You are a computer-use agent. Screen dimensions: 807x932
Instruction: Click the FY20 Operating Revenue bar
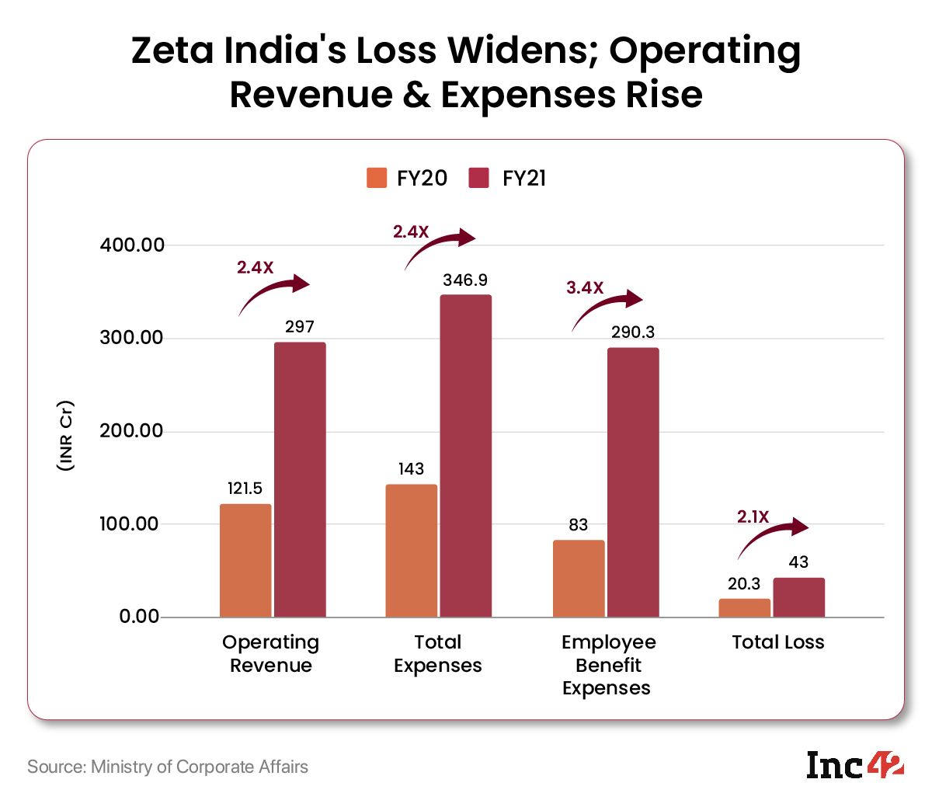pyautogui.click(x=245, y=560)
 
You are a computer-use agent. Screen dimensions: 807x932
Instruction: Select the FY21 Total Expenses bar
pyautogui.click(x=465, y=456)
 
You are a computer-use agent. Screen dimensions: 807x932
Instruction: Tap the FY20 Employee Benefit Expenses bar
pyautogui.click(x=579, y=578)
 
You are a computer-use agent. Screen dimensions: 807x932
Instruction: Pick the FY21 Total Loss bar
pyautogui.click(x=798, y=597)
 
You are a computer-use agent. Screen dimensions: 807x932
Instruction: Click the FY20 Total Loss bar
pyautogui.click(x=744, y=607)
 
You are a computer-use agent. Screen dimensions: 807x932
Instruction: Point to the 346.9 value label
pyautogui.click(x=465, y=280)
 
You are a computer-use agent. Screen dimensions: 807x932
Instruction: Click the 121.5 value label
pyautogui.click(x=245, y=489)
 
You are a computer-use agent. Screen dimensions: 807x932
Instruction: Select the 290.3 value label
pyautogui.click(x=633, y=332)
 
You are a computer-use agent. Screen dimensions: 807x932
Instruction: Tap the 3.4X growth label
pyautogui.click(x=585, y=288)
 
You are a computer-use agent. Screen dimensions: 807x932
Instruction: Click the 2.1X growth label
pyautogui.click(x=753, y=517)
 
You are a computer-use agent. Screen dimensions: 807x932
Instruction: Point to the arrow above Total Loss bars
pyautogui.click(x=774, y=537)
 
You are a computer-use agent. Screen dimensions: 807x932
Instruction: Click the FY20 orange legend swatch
pyautogui.click(x=377, y=178)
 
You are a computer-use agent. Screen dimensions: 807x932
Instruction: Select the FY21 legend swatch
pyautogui.click(x=479, y=178)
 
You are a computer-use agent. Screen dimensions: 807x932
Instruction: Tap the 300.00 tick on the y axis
pyautogui.click(x=132, y=338)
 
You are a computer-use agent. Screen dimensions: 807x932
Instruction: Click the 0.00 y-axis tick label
pyautogui.click(x=139, y=617)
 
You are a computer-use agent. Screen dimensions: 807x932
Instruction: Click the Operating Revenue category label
pyautogui.click(x=270, y=654)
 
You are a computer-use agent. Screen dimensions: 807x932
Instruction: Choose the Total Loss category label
pyautogui.click(x=777, y=642)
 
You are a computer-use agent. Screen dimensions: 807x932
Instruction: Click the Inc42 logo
pyautogui.click(x=854, y=766)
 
